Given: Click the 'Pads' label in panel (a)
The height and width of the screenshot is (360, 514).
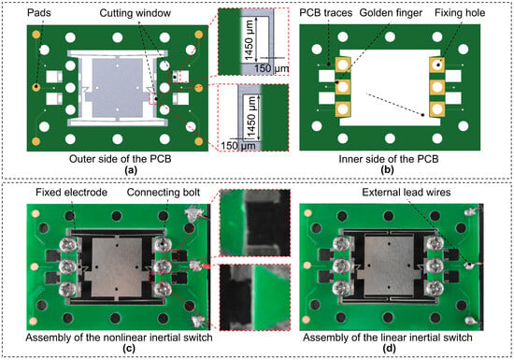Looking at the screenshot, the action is (x=40, y=13).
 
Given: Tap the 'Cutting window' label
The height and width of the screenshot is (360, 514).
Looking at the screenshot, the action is (x=136, y=13).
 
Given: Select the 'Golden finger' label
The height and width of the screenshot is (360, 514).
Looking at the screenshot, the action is (x=391, y=13).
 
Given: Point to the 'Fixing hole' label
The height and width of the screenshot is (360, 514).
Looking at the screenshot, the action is (x=460, y=13).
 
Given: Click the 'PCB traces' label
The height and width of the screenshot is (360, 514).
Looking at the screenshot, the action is (x=326, y=13).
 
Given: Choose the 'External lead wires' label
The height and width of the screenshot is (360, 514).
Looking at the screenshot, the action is (x=407, y=192).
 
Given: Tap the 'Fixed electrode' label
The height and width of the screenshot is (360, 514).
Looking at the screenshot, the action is (x=71, y=192).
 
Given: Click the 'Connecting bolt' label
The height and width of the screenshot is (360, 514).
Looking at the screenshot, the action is (x=164, y=192).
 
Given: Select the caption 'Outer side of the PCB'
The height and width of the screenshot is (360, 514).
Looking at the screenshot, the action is (x=120, y=159).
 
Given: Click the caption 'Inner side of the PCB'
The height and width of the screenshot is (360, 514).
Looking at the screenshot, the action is (x=389, y=159).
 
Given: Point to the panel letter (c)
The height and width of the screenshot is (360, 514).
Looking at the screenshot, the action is (x=129, y=349).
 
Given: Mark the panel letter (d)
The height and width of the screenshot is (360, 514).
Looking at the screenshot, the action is (x=389, y=349).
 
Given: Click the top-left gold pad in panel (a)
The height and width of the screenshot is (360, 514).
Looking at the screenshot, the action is (x=36, y=35).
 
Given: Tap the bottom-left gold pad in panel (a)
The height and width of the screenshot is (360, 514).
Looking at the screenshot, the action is (x=36, y=141).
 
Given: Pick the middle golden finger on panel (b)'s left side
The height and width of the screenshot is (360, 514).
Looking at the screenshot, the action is (x=343, y=87).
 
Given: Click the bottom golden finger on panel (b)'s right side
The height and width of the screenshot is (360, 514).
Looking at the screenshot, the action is (x=437, y=108).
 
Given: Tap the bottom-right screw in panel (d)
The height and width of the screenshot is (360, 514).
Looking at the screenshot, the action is (x=435, y=288).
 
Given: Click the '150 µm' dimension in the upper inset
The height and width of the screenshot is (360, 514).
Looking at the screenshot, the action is (x=271, y=68).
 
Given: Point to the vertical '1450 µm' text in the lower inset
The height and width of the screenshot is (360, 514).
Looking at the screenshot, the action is (x=251, y=117).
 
